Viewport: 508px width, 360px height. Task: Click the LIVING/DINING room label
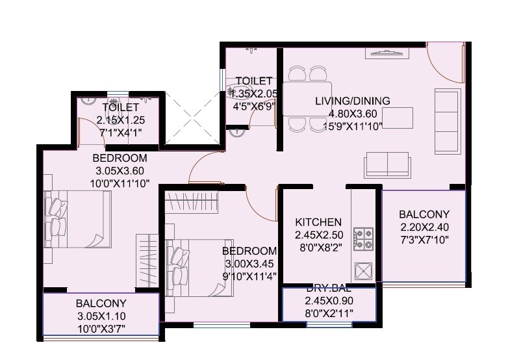[352, 101]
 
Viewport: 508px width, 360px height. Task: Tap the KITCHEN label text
[318, 222]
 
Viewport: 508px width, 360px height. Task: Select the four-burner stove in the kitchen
[362, 238]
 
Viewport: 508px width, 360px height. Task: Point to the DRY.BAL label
[329, 289]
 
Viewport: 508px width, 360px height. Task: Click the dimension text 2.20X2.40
[424, 227]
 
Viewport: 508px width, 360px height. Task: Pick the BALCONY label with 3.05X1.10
[101, 303]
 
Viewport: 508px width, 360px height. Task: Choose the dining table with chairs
[307, 98]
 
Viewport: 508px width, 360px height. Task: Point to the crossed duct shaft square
[190, 120]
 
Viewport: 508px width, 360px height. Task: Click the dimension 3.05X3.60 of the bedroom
[120, 171]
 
